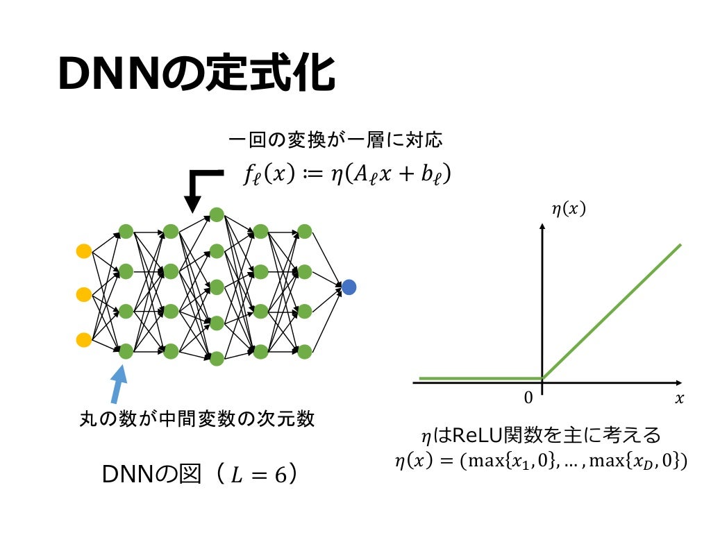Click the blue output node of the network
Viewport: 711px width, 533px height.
coord(349,287)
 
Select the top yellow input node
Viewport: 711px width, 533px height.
coord(83,251)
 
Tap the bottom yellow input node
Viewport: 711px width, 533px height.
coord(83,340)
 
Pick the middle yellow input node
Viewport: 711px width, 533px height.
coord(83,295)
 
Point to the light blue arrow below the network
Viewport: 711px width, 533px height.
coord(119,382)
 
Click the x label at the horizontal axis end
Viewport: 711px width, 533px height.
coord(679,398)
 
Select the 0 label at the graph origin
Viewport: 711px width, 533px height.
coord(528,398)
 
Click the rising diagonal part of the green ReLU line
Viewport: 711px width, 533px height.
coord(611,312)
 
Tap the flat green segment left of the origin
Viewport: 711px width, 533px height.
coord(479,379)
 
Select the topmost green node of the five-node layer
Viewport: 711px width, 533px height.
coord(216,214)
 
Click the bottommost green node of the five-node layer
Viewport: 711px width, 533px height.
coord(216,359)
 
